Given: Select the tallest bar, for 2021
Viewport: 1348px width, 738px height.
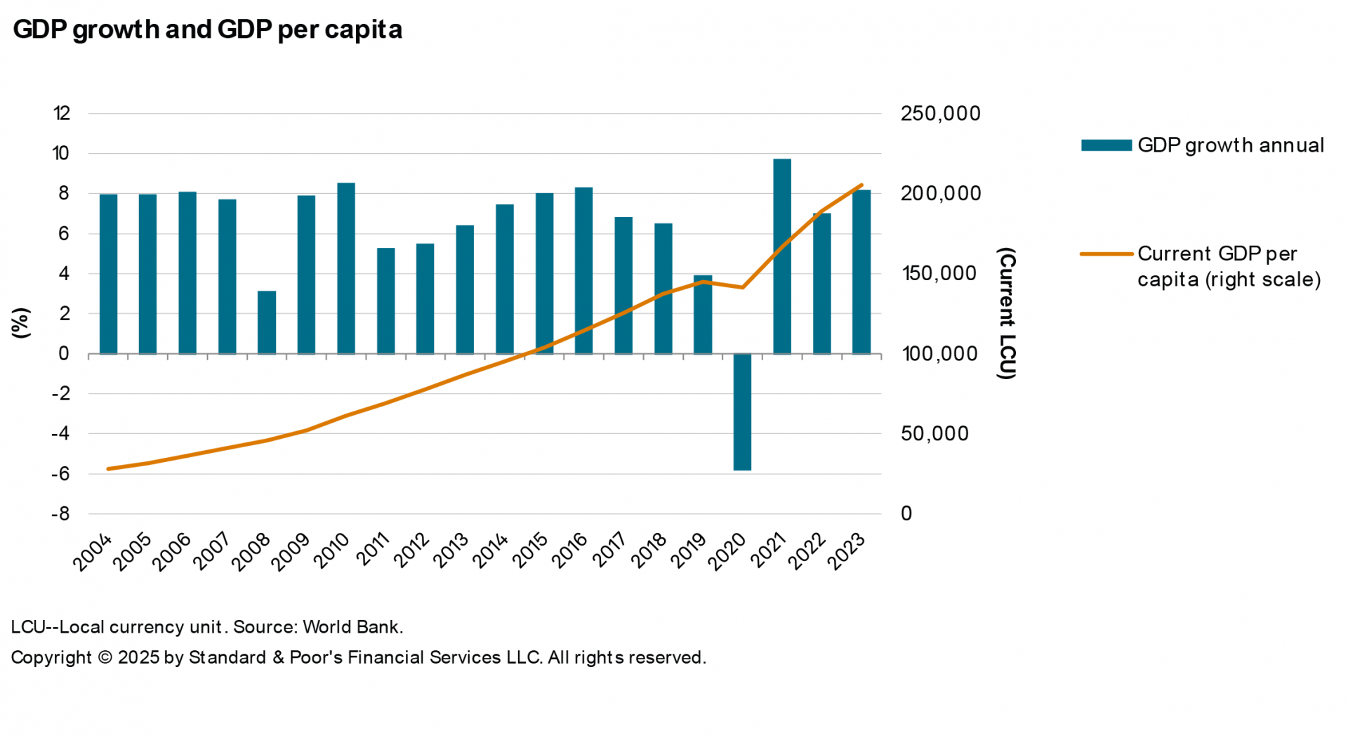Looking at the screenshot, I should [782, 256].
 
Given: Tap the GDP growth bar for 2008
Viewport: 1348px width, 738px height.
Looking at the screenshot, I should [267, 322].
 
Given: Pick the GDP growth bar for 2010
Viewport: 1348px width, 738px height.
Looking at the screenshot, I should [346, 268].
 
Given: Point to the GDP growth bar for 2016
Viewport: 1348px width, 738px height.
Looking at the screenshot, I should [583, 270].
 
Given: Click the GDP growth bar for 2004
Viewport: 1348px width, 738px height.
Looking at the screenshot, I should [108, 274].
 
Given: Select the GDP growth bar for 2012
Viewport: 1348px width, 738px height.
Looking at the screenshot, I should [425, 298].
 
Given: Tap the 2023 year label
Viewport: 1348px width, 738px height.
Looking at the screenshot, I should [847, 551].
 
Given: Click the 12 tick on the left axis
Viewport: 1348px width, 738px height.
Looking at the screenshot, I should [62, 113].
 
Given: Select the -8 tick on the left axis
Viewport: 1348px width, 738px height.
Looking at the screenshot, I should [60, 513].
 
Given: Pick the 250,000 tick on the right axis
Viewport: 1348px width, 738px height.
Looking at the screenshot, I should [940, 114].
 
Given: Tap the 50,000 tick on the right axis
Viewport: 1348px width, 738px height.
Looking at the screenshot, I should [934, 433].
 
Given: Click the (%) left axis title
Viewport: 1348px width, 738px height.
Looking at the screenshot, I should [21, 322].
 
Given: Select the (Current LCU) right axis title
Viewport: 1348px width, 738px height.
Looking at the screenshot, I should [1006, 313].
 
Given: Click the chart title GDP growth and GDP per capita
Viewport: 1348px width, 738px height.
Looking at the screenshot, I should [208, 29].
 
